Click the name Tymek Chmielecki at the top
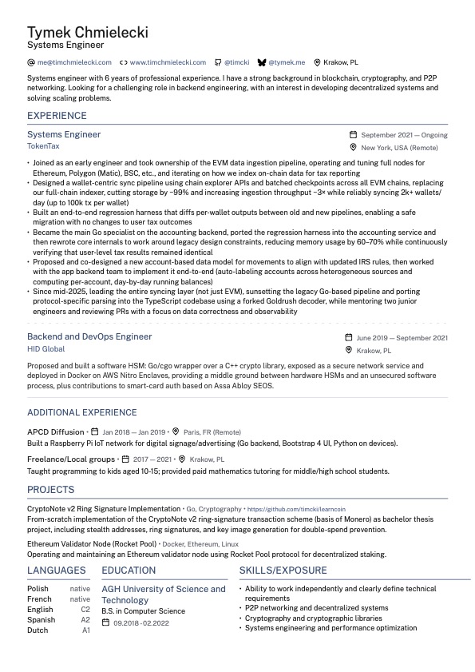(x=87, y=32)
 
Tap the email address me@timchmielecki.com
(x=73, y=62)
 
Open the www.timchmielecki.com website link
(x=168, y=62)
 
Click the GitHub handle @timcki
(x=236, y=62)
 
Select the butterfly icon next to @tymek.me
(x=261, y=62)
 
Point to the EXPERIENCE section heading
(x=57, y=116)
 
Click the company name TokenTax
(x=43, y=146)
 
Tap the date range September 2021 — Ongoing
(x=404, y=135)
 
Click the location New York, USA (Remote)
(x=399, y=148)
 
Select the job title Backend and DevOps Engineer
(x=89, y=337)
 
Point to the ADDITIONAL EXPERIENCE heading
(x=82, y=412)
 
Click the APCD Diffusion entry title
(x=55, y=431)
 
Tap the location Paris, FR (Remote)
(x=212, y=432)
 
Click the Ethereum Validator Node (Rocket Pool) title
(x=92, y=543)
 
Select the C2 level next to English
(x=85, y=609)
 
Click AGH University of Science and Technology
(x=164, y=594)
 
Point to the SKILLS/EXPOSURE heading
(x=283, y=571)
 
